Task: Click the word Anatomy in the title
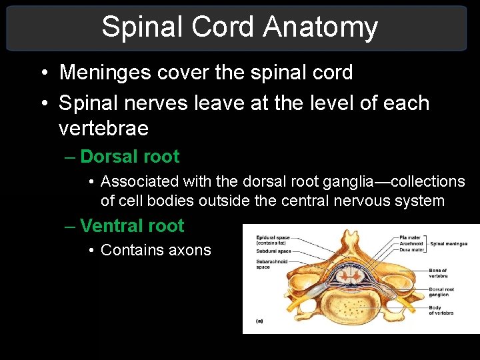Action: pos(320,27)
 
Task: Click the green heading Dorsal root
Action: pos(129,157)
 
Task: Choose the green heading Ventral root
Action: pos(132,226)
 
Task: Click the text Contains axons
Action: pos(155,250)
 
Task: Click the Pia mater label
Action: pos(410,237)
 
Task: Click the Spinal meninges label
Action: pos(449,244)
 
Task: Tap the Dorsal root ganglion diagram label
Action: pos(441,291)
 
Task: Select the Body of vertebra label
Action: pos(441,310)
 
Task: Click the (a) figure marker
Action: pos(259,321)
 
